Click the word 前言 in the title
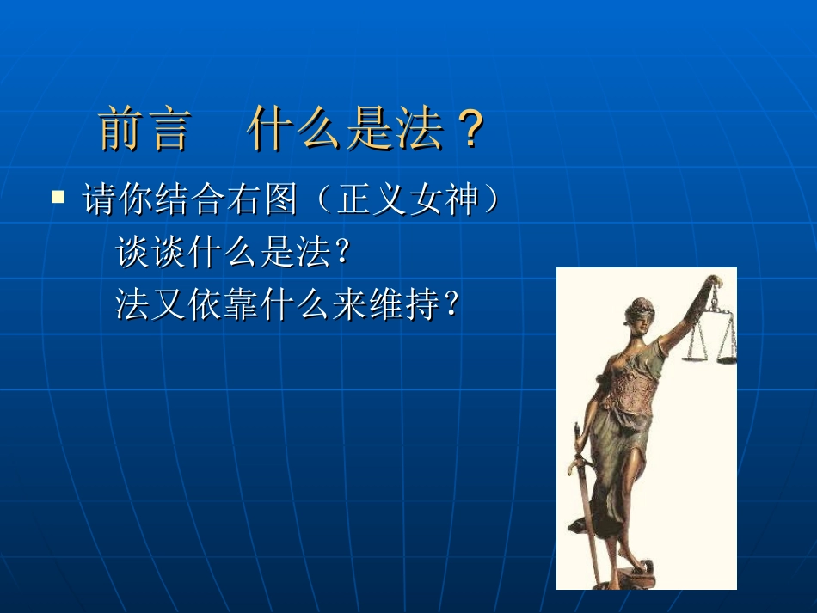pyautogui.click(x=143, y=130)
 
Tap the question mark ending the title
pyautogui.click(x=470, y=130)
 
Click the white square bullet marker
pyautogui.click(x=58, y=197)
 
